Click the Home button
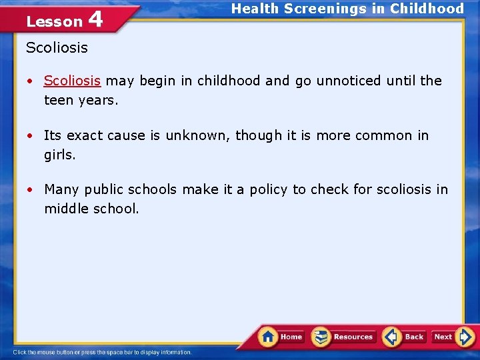(x=283, y=337)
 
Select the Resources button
(x=344, y=337)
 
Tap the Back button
(x=405, y=337)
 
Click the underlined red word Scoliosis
(x=72, y=81)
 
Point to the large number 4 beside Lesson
(x=95, y=19)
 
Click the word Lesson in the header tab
(x=54, y=22)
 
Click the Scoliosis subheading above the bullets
(x=57, y=47)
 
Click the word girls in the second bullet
(x=59, y=155)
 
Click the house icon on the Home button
(x=269, y=336)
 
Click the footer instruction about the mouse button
(x=103, y=352)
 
